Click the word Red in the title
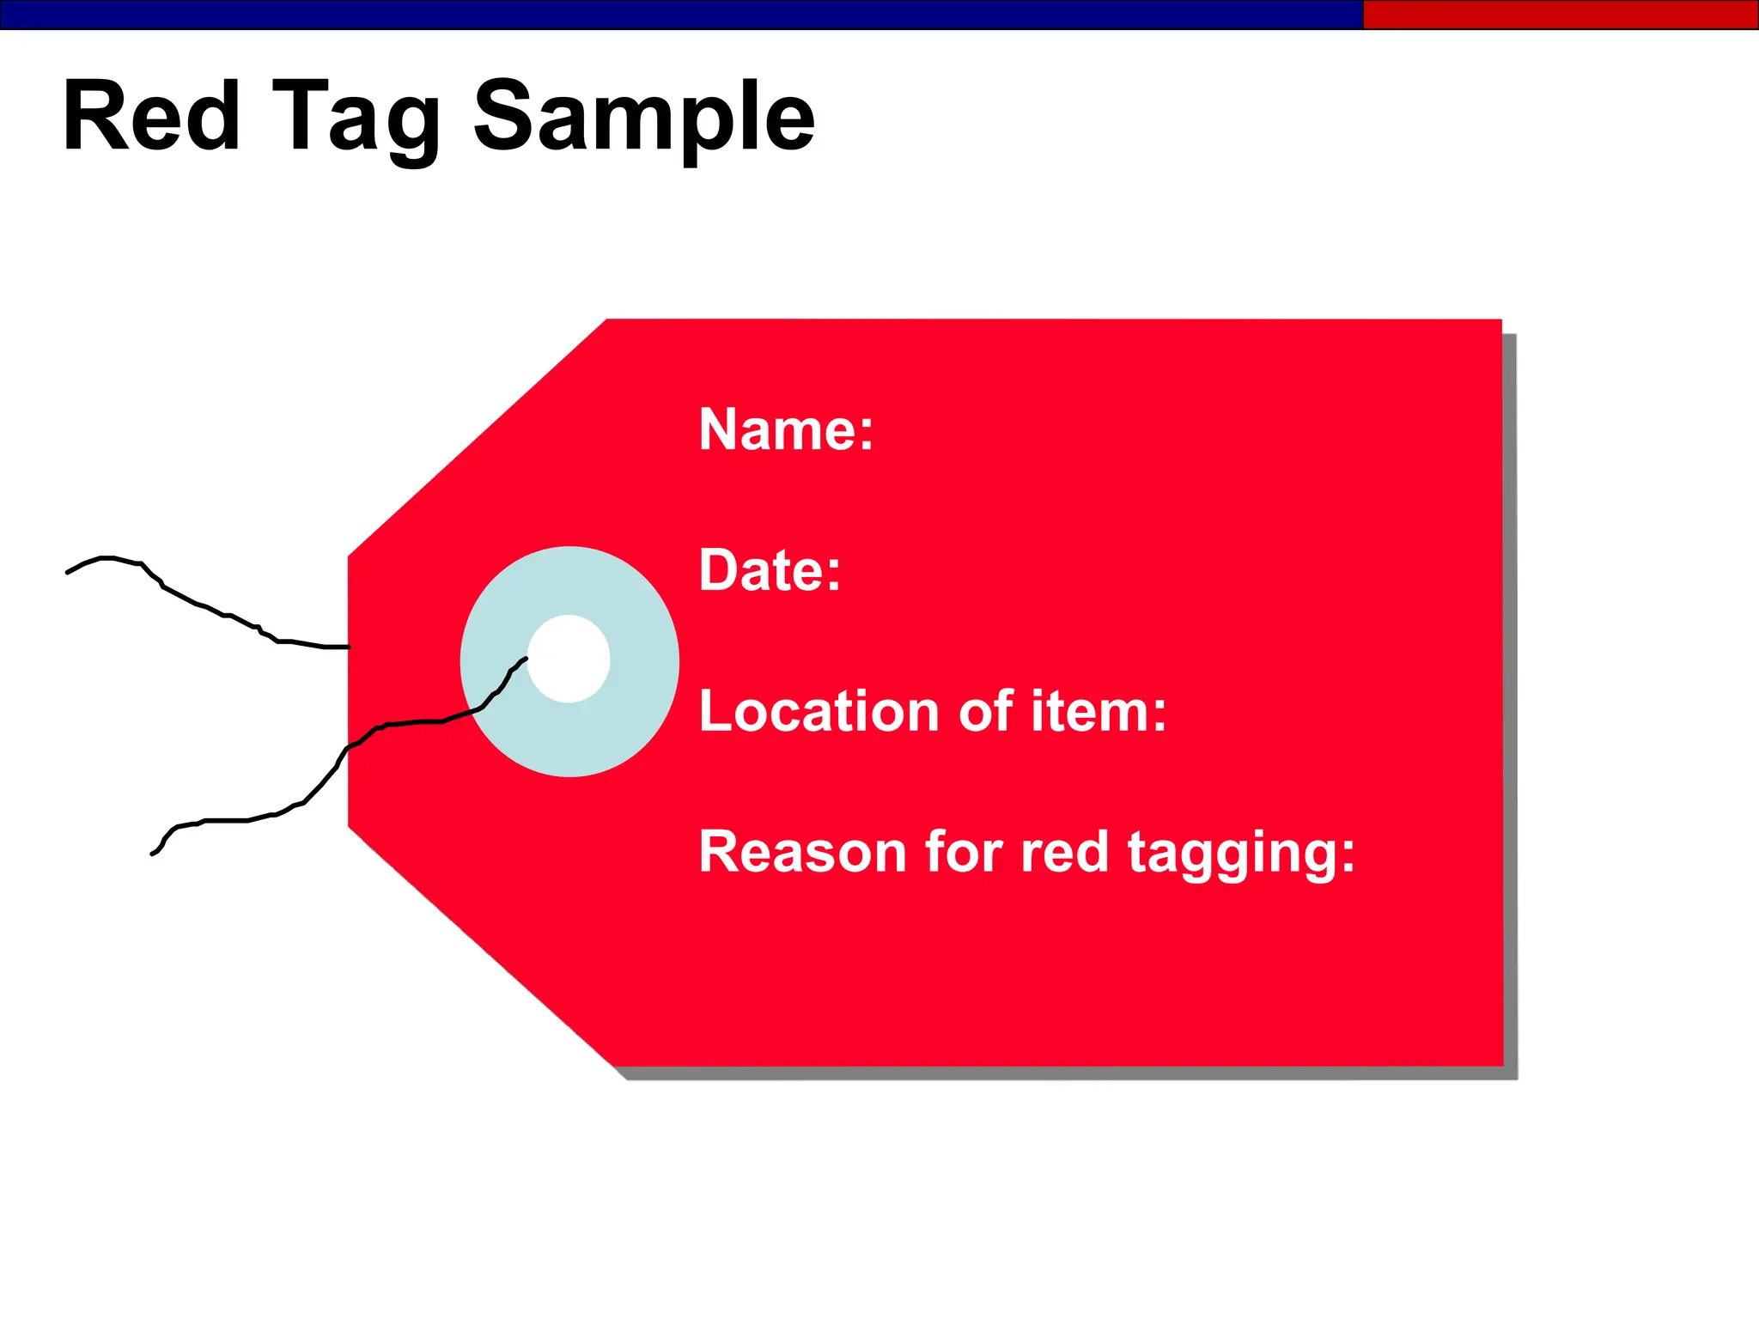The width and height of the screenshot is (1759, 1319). coord(151,117)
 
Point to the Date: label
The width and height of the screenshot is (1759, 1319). coord(770,570)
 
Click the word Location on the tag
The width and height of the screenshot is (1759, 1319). coord(819,711)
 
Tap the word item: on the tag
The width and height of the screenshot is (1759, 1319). coord(1099,711)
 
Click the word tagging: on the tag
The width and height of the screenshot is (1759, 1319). coord(1241,854)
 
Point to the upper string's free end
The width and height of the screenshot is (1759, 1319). coord(69,572)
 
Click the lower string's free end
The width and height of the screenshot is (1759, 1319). coord(153,854)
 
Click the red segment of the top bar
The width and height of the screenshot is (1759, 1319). coord(1560,15)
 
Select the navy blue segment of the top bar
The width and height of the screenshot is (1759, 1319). coord(679,15)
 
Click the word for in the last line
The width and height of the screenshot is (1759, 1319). coord(963,852)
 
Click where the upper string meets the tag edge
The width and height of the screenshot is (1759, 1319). coord(348,647)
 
